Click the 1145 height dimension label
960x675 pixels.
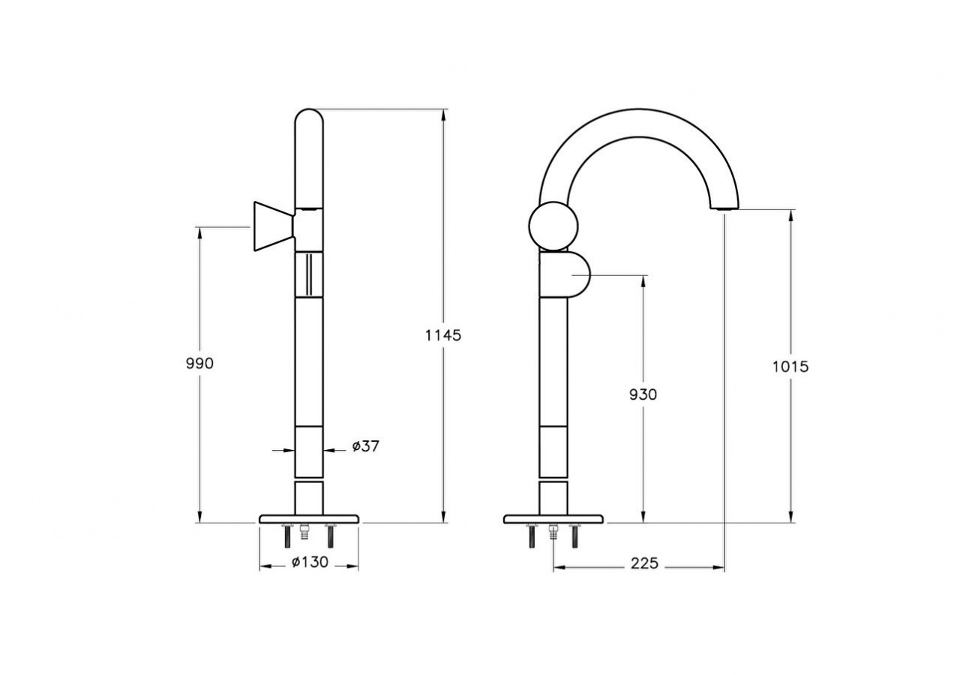tap(443, 335)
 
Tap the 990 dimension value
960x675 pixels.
tap(199, 364)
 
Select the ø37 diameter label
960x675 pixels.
tap(365, 446)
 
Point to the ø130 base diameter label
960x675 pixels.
tap(310, 562)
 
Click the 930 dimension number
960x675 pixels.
tap(643, 394)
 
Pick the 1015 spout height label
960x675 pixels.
tap(790, 367)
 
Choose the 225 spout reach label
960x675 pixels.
tap(644, 563)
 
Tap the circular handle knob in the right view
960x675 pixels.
tap(553, 226)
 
